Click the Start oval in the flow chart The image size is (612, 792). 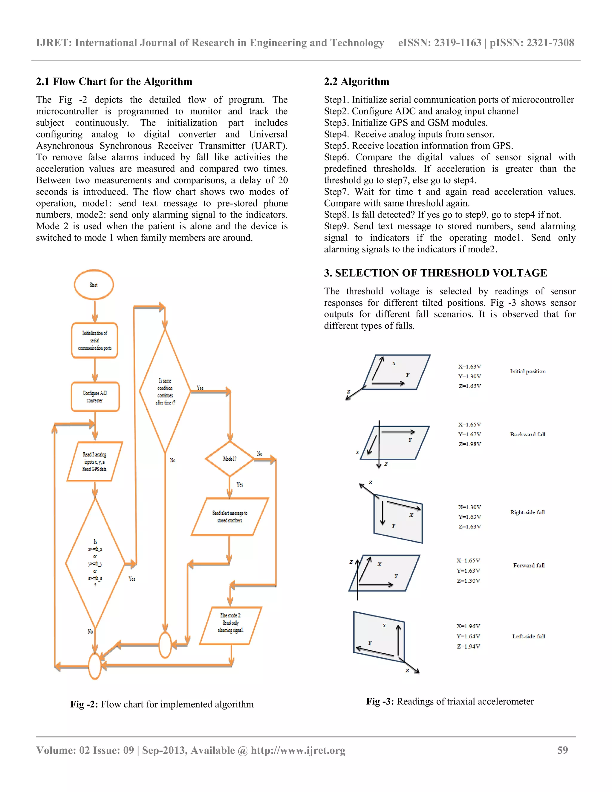tap(94, 285)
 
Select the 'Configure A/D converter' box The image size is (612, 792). tap(95, 397)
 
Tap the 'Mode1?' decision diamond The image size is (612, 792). tap(229, 459)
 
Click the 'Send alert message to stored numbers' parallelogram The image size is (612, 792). tap(229, 516)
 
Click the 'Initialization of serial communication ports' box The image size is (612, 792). tap(95, 340)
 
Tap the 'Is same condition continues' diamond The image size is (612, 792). tap(165, 391)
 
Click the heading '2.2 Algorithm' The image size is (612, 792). tap(357, 82)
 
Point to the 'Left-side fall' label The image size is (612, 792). tap(529, 636)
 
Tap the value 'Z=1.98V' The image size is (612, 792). tap(469, 444)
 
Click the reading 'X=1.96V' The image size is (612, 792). tap(468, 626)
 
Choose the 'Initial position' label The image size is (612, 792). tap(527, 371)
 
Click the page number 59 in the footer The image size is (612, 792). tap(562, 750)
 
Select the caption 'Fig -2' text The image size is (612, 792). tap(84, 704)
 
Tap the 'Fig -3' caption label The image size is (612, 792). tap(380, 701)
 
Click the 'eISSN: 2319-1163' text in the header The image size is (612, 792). tap(439, 43)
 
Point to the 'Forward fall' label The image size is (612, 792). tap(529, 565)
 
